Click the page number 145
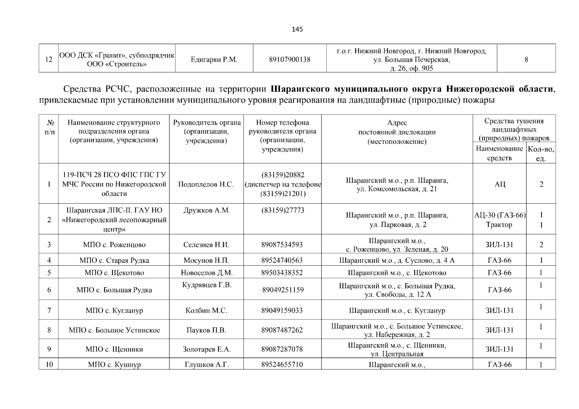click(297, 29)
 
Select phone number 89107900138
click(290, 60)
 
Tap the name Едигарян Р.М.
click(214, 60)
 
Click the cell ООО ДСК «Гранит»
click(117, 56)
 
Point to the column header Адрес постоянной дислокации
click(397, 132)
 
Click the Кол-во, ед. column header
click(541, 153)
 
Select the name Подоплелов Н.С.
click(206, 184)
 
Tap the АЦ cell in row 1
click(500, 184)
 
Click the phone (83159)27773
click(283, 210)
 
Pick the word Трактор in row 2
click(499, 225)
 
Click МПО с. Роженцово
click(114, 245)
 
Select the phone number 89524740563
click(282, 260)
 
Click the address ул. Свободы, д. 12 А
click(398, 294)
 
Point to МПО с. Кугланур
click(114, 310)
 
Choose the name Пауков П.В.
click(206, 330)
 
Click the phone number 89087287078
click(282, 349)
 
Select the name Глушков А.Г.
click(206, 364)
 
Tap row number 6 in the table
click(49, 290)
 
